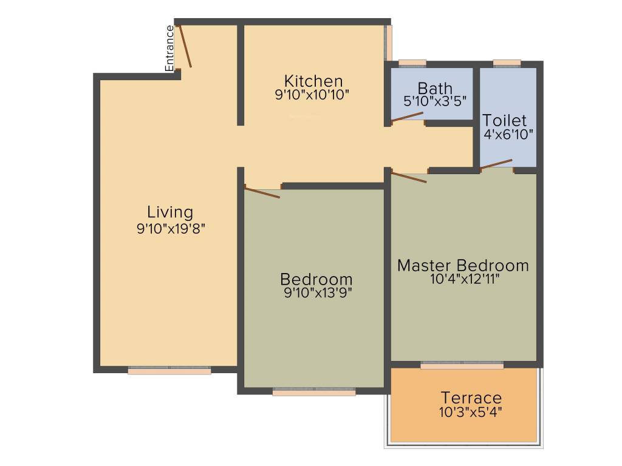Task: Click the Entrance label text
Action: coord(170,48)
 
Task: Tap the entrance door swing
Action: coord(185,46)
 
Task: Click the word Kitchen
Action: coord(313,81)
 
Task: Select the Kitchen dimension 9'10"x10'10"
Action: coord(312,95)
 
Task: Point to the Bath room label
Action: coord(435,89)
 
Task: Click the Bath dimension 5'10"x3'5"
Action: coord(435,101)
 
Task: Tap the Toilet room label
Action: coord(505,120)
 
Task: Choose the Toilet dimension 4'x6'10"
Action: coord(508,134)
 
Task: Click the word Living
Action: coord(170,212)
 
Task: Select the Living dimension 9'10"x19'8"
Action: coord(175,228)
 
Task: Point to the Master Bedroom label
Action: coord(463,265)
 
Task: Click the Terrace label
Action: coord(471,398)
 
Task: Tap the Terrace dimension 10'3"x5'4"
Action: coord(471,412)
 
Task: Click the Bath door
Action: coord(407,116)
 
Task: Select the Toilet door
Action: coord(496,164)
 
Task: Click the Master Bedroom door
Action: coord(409,177)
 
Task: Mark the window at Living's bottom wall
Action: coord(169,371)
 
